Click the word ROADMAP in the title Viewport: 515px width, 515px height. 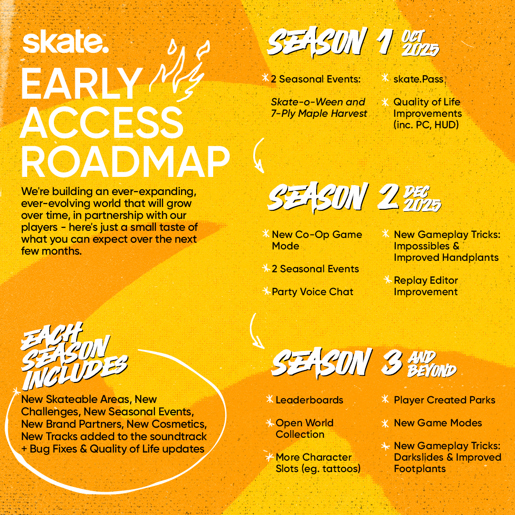coord(125,162)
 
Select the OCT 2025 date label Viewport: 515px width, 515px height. coord(420,43)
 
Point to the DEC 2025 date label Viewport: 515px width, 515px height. coord(422,199)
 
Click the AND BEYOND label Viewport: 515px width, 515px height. coord(432,364)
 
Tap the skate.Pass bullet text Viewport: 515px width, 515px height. coord(418,79)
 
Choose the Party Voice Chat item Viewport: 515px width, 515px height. coord(312,292)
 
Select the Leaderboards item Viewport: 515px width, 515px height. coord(309,400)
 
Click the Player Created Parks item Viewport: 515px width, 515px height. coord(444,400)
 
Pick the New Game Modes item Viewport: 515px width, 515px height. coord(438,422)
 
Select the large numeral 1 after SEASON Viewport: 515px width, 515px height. coord(385,41)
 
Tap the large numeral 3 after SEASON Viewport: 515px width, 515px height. coord(392,362)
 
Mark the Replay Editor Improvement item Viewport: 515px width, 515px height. coord(426,286)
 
